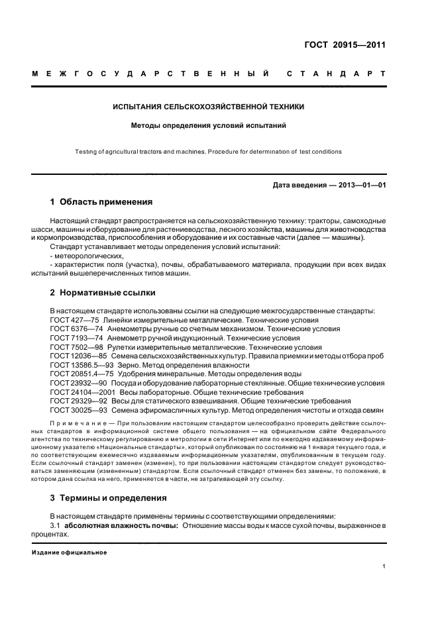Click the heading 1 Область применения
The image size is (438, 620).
click(101, 202)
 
